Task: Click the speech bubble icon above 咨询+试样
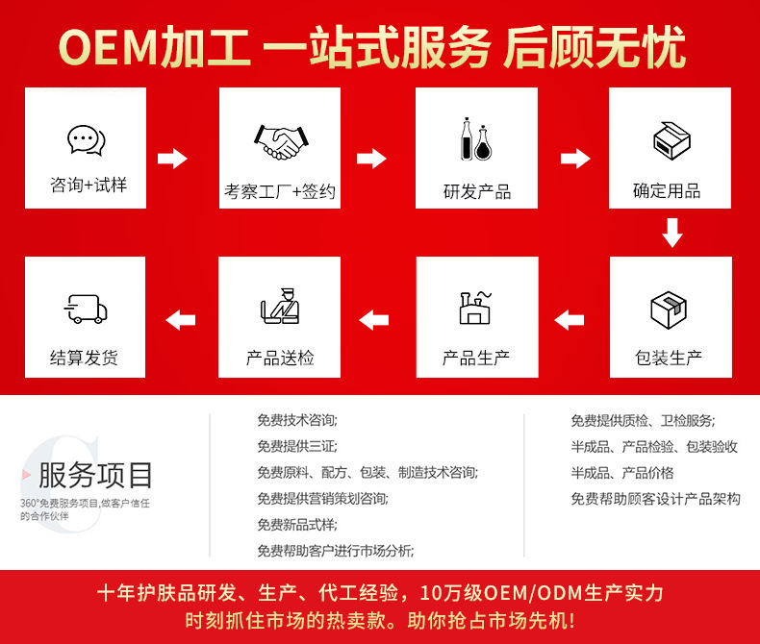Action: coord(86,140)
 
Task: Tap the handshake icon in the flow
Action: coord(280,142)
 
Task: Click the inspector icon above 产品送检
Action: coord(280,307)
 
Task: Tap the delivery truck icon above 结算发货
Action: coord(86,309)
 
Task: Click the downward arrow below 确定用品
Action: coord(672,233)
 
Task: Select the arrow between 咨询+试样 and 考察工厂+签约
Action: coord(172,159)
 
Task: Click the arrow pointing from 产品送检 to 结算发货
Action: coord(182,319)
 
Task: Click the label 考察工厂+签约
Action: coord(280,191)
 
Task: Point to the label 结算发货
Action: coord(85,359)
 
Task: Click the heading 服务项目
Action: coord(95,475)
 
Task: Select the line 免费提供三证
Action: coord(297,446)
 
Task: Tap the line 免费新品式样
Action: coord(297,525)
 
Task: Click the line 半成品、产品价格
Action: coord(622,473)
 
